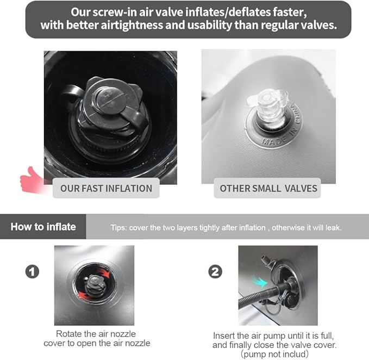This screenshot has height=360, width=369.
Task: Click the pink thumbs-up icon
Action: (32, 180)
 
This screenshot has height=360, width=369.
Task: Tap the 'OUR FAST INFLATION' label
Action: (106, 188)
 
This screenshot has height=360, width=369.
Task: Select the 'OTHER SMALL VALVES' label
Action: (268, 188)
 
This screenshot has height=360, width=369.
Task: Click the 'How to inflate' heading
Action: (43, 227)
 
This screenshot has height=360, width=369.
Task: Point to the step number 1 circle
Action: (32, 272)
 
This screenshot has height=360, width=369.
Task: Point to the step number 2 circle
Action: (215, 272)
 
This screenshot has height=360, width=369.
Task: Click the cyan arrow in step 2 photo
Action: (260, 281)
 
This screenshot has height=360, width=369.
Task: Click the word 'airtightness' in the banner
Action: (132, 25)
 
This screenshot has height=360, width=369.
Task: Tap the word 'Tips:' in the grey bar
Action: (119, 228)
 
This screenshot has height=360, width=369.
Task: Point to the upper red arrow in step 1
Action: (104, 272)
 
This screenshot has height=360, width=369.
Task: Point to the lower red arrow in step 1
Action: (84, 295)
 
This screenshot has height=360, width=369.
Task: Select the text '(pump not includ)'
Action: (274, 354)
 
